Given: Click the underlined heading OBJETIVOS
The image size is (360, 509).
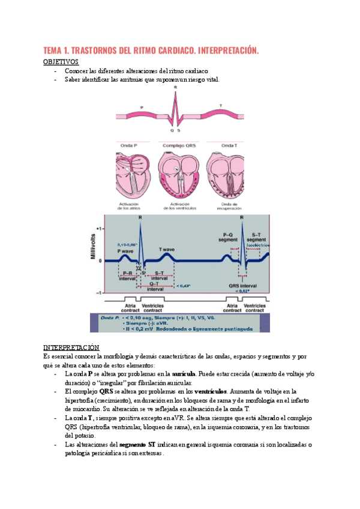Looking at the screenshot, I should pyautogui.click(x=61, y=62).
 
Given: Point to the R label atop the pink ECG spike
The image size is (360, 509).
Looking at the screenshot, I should pyautogui.click(x=175, y=88).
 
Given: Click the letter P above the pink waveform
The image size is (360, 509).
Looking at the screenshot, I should pyautogui.click(x=142, y=107).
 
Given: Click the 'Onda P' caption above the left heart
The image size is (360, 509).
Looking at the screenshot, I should pyautogui.click(x=129, y=146).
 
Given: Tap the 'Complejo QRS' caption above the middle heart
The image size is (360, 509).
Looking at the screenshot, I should pyautogui.click(x=179, y=146).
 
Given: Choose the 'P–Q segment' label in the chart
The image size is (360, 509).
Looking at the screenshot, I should pyautogui.click(x=231, y=238).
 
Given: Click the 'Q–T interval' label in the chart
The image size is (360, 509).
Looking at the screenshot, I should pyautogui.click(x=154, y=286).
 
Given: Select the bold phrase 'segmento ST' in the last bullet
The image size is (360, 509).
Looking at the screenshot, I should pyautogui.click(x=137, y=444).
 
